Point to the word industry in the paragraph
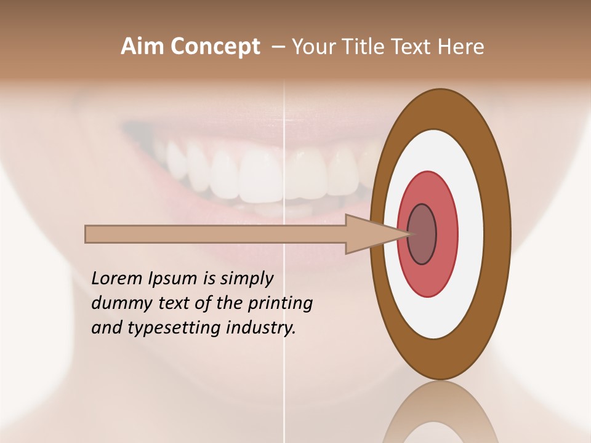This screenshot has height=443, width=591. point(261,328)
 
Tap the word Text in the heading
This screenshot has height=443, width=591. point(410,47)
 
